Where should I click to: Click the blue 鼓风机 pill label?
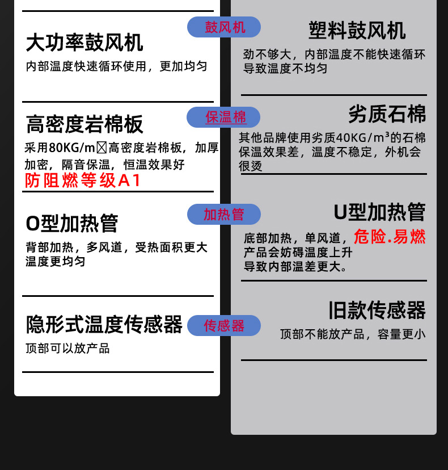click(x=224, y=27)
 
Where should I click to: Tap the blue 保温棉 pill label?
click(x=224, y=117)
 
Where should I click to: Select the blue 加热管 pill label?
click(x=224, y=214)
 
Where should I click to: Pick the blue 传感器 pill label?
click(x=224, y=325)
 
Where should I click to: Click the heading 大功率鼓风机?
click(x=84, y=42)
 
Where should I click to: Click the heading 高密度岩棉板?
click(x=84, y=123)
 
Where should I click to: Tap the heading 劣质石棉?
click(x=387, y=114)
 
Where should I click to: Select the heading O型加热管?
click(x=72, y=223)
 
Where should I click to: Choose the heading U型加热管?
click(x=379, y=212)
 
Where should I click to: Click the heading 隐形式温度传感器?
click(x=104, y=325)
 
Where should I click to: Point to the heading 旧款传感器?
click(x=377, y=310)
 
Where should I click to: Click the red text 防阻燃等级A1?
click(x=83, y=181)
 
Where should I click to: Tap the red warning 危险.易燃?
click(x=390, y=236)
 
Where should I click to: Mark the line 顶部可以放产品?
click(x=67, y=348)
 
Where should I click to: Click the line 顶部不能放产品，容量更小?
click(x=352, y=334)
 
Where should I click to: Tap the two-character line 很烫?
click(x=250, y=166)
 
